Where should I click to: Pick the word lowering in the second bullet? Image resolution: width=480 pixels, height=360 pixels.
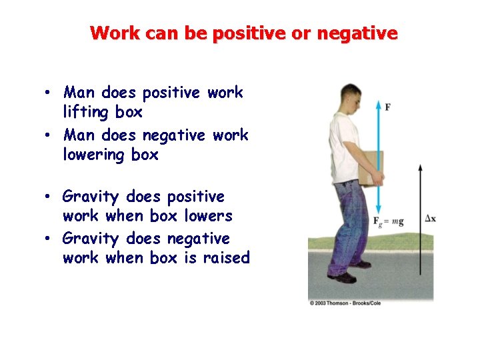[x=94, y=155]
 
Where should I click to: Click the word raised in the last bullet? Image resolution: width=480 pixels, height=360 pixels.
[x=225, y=257]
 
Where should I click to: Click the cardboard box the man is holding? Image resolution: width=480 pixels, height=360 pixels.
[x=371, y=167]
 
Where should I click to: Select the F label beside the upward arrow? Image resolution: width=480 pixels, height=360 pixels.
[x=388, y=107]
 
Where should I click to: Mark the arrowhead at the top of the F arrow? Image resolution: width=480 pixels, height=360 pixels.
[x=379, y=105]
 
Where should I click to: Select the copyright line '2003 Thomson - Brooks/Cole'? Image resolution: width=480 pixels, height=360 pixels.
[x=370, y=303]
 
